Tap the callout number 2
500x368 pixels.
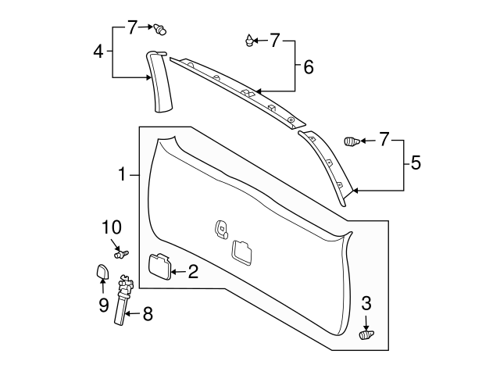(x=192, y=272)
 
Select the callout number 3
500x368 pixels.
(x=366, y=304)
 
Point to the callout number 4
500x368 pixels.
(x=98, y=52)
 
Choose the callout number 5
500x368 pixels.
(x=416, y=163)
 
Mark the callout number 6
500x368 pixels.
(x=308, y=67)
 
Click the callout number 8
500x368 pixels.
(x=148, y=315)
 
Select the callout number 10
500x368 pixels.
(x=112, y=227)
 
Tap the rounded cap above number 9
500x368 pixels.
(x=101, y=272)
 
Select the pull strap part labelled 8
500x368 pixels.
(x=125, y=301)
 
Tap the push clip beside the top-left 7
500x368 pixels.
(x=161, y=30)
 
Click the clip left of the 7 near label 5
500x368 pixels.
(x=352, y=141)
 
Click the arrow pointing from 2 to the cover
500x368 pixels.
(x=178, y=272)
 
